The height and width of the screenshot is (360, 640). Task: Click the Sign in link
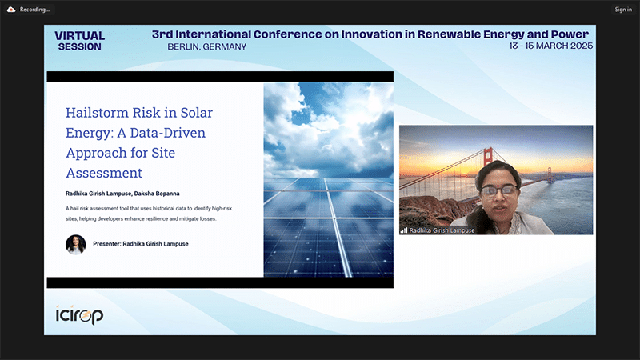click(623, 10)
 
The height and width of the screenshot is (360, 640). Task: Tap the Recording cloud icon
click(11, 10)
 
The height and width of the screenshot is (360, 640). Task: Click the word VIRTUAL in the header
click(79, 36)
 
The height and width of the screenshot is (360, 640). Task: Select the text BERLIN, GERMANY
click(207, 47)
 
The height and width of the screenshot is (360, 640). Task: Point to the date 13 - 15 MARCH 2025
click(550, 46)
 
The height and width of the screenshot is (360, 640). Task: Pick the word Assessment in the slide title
click(104, 173)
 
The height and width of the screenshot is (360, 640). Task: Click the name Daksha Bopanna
click(157, 194)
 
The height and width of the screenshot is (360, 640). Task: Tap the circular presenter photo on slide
click(76, 245)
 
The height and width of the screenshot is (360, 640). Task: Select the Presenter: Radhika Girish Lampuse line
click(141, 244)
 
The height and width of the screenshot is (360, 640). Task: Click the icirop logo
click(79, 315)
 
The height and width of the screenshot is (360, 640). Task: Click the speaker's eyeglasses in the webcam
click(499, 190)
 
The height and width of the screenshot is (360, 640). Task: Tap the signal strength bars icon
click(404, 230)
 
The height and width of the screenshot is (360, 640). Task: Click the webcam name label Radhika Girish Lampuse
click(442, 230)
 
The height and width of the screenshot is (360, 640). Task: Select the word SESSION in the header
click(79, 47)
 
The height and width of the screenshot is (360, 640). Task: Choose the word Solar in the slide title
click(197, 113)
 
